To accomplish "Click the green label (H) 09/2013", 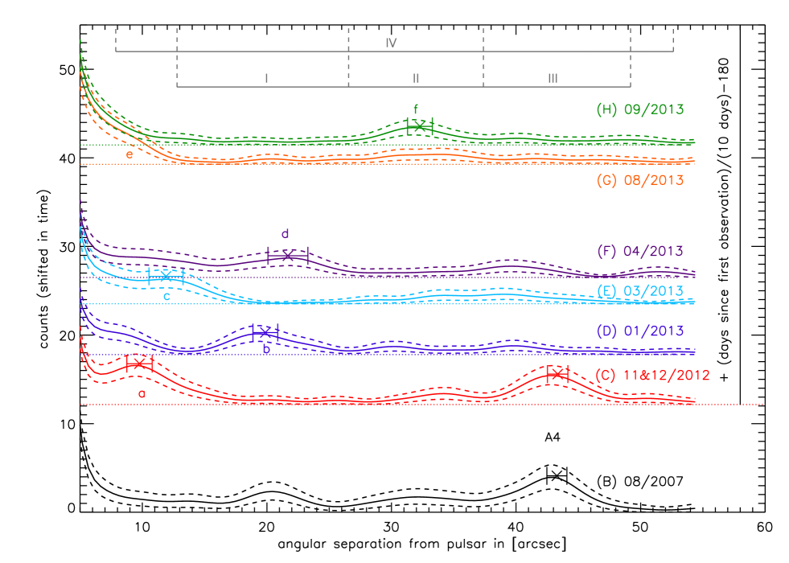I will pyautogui.click(x=640, y=109).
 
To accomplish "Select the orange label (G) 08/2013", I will pyautogui.click(x=640, y=181).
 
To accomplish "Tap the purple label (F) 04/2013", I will pyautogui.click(x=640, y=251).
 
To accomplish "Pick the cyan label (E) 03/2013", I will pyautogui.click(x=640, y=291).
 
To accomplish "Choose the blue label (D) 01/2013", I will pyautogui.click(x=640, y=331).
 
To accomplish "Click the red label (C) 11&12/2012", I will pyautogui.click(x=653, y=375).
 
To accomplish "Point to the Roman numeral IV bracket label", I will pyautogui.click(x=392, y=43).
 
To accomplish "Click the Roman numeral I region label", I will pyautogui.click(x=267, y=78).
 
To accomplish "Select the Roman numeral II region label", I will pyautogui.click(x=416, y=78).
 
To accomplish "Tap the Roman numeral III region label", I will pyautogui.click(x=553, y=78).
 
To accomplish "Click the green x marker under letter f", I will pyautogui.click(x=420, y=126).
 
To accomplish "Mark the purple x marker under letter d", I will pyautogui.click(x=287, y=256).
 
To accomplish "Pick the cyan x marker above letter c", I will pyautogui.click(x=166, y=276).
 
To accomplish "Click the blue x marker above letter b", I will pyautogui.click(x=265, y=332).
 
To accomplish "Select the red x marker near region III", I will pyautogui.click(x=556, y=374).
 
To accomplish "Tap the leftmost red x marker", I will pyautogui.click(x=139, y=364).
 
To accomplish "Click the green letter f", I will pyautogui.click(x=416, y=109).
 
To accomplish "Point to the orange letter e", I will pyautogui.click(x=129, y=154).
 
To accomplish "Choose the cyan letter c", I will pyautogui.click(x=167, y=296).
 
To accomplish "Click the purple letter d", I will pyautogui.click(x=285, y=234).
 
